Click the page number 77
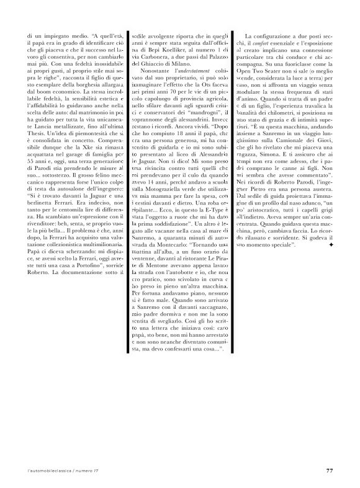click(330, 469)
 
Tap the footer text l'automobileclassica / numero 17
click(56, 470)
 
